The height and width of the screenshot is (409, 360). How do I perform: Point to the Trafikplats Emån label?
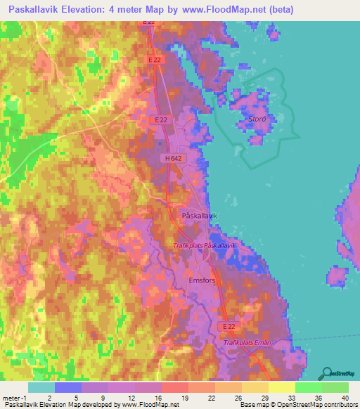(x=247, y=342)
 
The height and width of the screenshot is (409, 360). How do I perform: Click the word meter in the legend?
(x=13, y=398)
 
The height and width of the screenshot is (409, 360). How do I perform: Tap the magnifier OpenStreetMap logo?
(x=326, y=373)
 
